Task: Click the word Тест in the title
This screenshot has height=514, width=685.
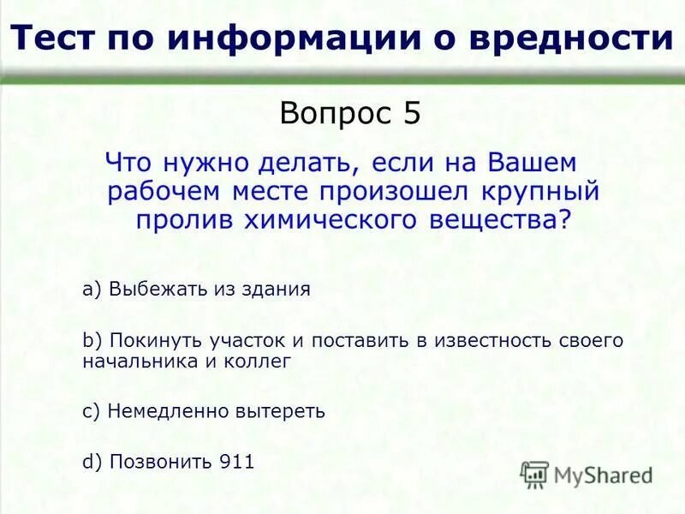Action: click(x=54, y=39)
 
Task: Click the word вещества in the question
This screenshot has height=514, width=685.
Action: click(x=507, y=220)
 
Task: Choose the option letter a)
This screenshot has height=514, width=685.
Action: click(x=92, y=290)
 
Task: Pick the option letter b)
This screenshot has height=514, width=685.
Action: click(x=92, y=340)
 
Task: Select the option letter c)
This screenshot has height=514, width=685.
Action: click(x=92, y=411)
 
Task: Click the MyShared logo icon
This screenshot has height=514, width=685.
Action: click(x=534, y=474)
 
